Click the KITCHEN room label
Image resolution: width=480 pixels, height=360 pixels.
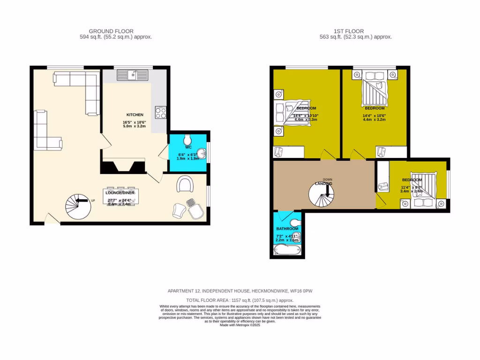tap(135, 115)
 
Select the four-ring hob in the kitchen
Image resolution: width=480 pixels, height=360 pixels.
tap(161, 112)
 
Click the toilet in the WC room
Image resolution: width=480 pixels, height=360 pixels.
tap(187, 140)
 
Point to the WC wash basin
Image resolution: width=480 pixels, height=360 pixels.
tap(202, 153)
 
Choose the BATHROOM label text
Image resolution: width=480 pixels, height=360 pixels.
tap(287, 229)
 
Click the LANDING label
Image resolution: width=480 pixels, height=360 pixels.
tap(323, 183)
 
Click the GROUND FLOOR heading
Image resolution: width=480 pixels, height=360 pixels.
tap(115, 31)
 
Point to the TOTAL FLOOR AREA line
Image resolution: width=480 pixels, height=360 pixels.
tap(240, 300)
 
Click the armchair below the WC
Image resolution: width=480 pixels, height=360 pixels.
tap(185, 184)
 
